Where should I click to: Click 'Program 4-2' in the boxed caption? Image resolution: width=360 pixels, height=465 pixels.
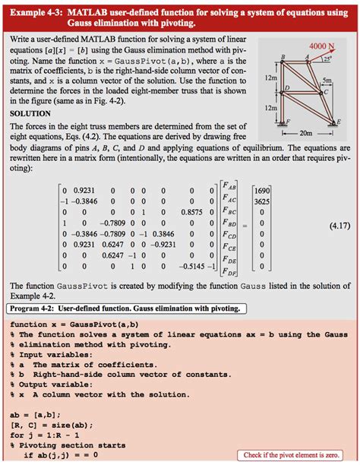click(x=35, y=308)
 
